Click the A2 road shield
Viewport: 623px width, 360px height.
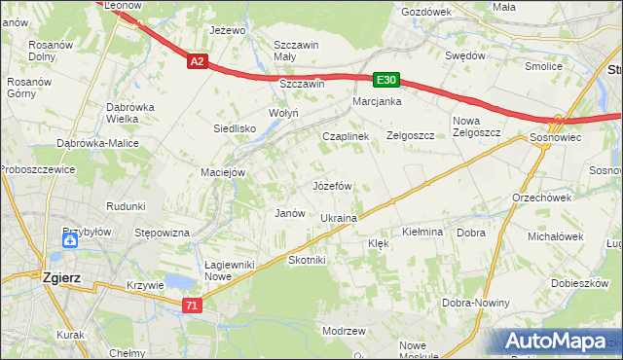[197, 61]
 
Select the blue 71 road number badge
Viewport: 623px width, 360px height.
[193, 306]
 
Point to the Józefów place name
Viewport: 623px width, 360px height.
[332, 185]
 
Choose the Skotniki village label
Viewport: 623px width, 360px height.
[307, 261]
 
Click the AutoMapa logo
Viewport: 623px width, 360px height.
[556, 342]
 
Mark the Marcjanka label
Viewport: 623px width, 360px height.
[378, 101]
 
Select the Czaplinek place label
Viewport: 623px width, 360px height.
[346, 137]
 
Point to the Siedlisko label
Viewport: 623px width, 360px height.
[235, 127]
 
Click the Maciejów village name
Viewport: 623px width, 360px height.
[222, 173]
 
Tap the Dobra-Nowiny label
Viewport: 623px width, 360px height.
[476, 303]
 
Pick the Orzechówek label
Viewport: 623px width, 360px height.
[540, 197]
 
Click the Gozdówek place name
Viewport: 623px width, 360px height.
[426, 12]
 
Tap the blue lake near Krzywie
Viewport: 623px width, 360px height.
[177, 282]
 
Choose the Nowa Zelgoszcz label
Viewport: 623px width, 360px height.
[477, 127]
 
